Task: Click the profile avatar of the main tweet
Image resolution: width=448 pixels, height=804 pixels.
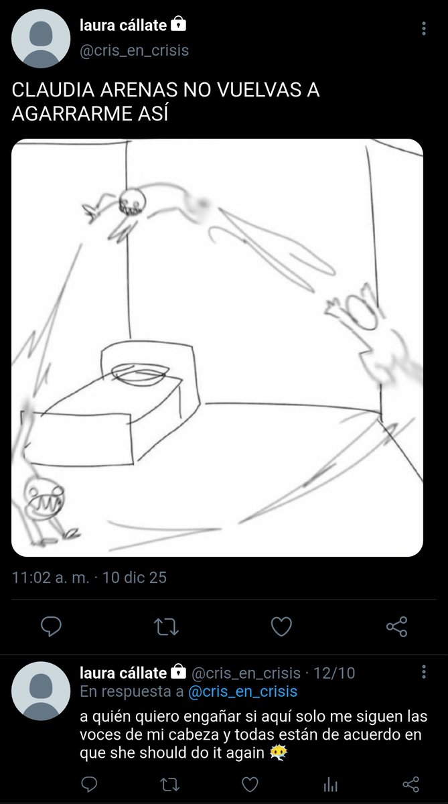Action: [41, 39]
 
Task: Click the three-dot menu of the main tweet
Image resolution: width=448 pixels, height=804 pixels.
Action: [424, 28]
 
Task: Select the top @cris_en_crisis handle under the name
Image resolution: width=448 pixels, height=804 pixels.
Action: [134, 51]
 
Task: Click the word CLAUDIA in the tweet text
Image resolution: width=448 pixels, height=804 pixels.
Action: [53, 90]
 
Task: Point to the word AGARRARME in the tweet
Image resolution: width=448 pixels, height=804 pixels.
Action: [72, 114]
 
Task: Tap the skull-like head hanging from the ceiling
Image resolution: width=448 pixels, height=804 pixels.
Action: [133, 202]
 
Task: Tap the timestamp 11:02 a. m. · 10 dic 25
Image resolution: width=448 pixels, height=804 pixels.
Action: [89, 578]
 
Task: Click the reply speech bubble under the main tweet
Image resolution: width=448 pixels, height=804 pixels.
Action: [51, 626]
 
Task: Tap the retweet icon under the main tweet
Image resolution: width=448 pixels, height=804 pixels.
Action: [166, 626]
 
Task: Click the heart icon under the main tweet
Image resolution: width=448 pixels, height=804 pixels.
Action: [281, 626]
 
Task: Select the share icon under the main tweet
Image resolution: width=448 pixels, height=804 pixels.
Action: [396, 626]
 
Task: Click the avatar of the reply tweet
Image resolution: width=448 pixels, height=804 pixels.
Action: [41, 691]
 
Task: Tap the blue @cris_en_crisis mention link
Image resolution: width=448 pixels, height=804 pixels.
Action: [243, 691]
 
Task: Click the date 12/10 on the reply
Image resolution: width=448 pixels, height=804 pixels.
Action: [334, 673]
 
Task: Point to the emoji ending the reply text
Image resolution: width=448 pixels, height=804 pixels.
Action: [278, 752]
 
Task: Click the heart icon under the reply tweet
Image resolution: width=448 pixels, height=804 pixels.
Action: [250, 785]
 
